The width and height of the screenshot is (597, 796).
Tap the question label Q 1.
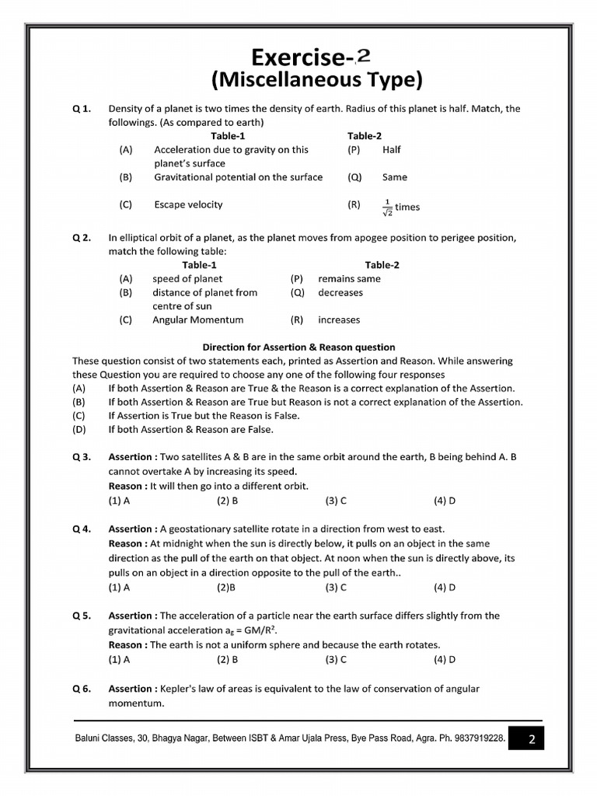pos(82,109)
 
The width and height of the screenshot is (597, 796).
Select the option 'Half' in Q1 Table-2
pos(391,150)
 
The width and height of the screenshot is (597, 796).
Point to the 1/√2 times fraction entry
pos(400,206)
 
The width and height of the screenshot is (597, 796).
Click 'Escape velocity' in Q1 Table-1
pos(188,204)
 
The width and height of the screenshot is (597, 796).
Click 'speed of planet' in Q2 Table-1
pos(187,278)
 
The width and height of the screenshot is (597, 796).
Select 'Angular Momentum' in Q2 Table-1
pos(197,319)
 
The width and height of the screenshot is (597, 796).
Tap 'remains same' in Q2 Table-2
pos(349,278)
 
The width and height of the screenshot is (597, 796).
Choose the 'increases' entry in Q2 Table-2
pos(339,319)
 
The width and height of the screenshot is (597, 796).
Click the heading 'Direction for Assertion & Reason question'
pos(298,347)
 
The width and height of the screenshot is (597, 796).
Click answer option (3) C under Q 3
pos(336,501)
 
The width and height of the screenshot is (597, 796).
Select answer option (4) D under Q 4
pos(445,587)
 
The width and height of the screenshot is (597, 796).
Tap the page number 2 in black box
pos(532,739)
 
